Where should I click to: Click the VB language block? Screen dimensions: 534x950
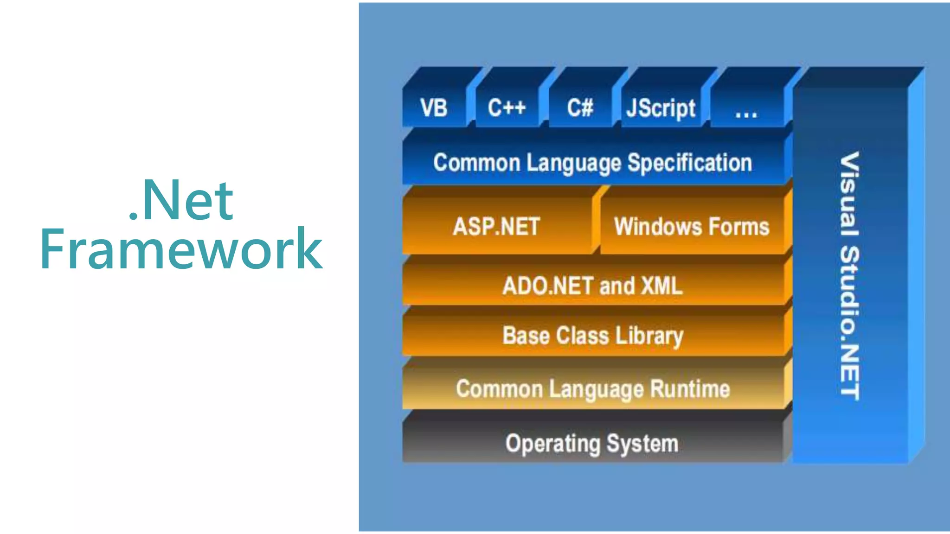coord(434,108)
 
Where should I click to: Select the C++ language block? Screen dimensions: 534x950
coord(507,108)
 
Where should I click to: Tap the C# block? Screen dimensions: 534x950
coord(580,108)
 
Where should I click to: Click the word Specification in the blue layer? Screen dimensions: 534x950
coord(689,163)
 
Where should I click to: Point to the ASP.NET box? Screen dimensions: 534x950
coord(496,227)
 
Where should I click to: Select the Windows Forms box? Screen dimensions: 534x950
coord(692,227)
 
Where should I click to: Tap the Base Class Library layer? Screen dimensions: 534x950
coord(593,336)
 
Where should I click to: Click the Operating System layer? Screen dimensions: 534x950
coord(592,444)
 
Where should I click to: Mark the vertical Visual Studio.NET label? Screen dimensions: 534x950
coord(850,276)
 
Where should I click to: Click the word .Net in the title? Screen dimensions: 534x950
coord(181,200)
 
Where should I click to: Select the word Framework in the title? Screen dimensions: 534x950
coord(181,249)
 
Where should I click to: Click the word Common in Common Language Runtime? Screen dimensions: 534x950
coord(499,388)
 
